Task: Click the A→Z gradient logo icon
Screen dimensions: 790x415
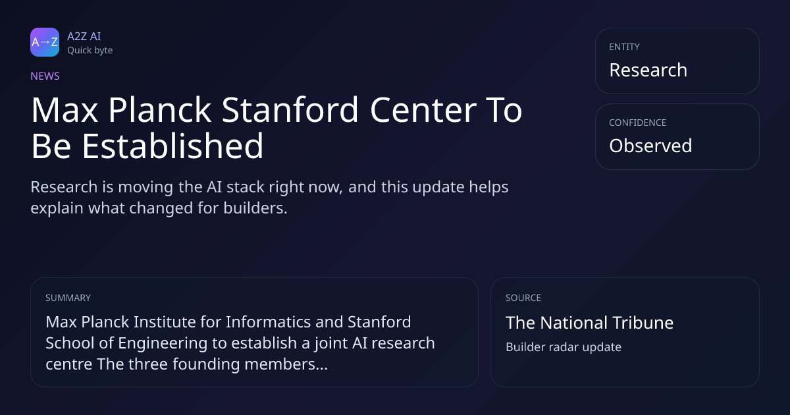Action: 45,42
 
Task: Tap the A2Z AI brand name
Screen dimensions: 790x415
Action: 84,36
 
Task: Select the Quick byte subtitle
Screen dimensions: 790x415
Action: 90,51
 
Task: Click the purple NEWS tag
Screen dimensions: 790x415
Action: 45,76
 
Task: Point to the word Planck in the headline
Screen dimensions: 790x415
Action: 159,110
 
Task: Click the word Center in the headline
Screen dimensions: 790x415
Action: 423,110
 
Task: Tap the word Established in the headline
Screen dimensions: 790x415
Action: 172,146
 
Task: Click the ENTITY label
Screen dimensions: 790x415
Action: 624,47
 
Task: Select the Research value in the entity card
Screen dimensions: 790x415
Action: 648,70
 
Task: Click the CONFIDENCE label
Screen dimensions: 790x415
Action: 638,123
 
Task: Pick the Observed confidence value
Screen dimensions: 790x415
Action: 650,146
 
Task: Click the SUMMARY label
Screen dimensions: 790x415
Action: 68,298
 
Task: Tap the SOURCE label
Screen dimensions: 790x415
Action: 523,298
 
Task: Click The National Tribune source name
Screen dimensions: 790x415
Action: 590,323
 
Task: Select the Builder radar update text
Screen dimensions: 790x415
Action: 564,347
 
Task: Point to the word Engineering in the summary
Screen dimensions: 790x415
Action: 161,344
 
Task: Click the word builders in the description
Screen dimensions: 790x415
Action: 255,208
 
